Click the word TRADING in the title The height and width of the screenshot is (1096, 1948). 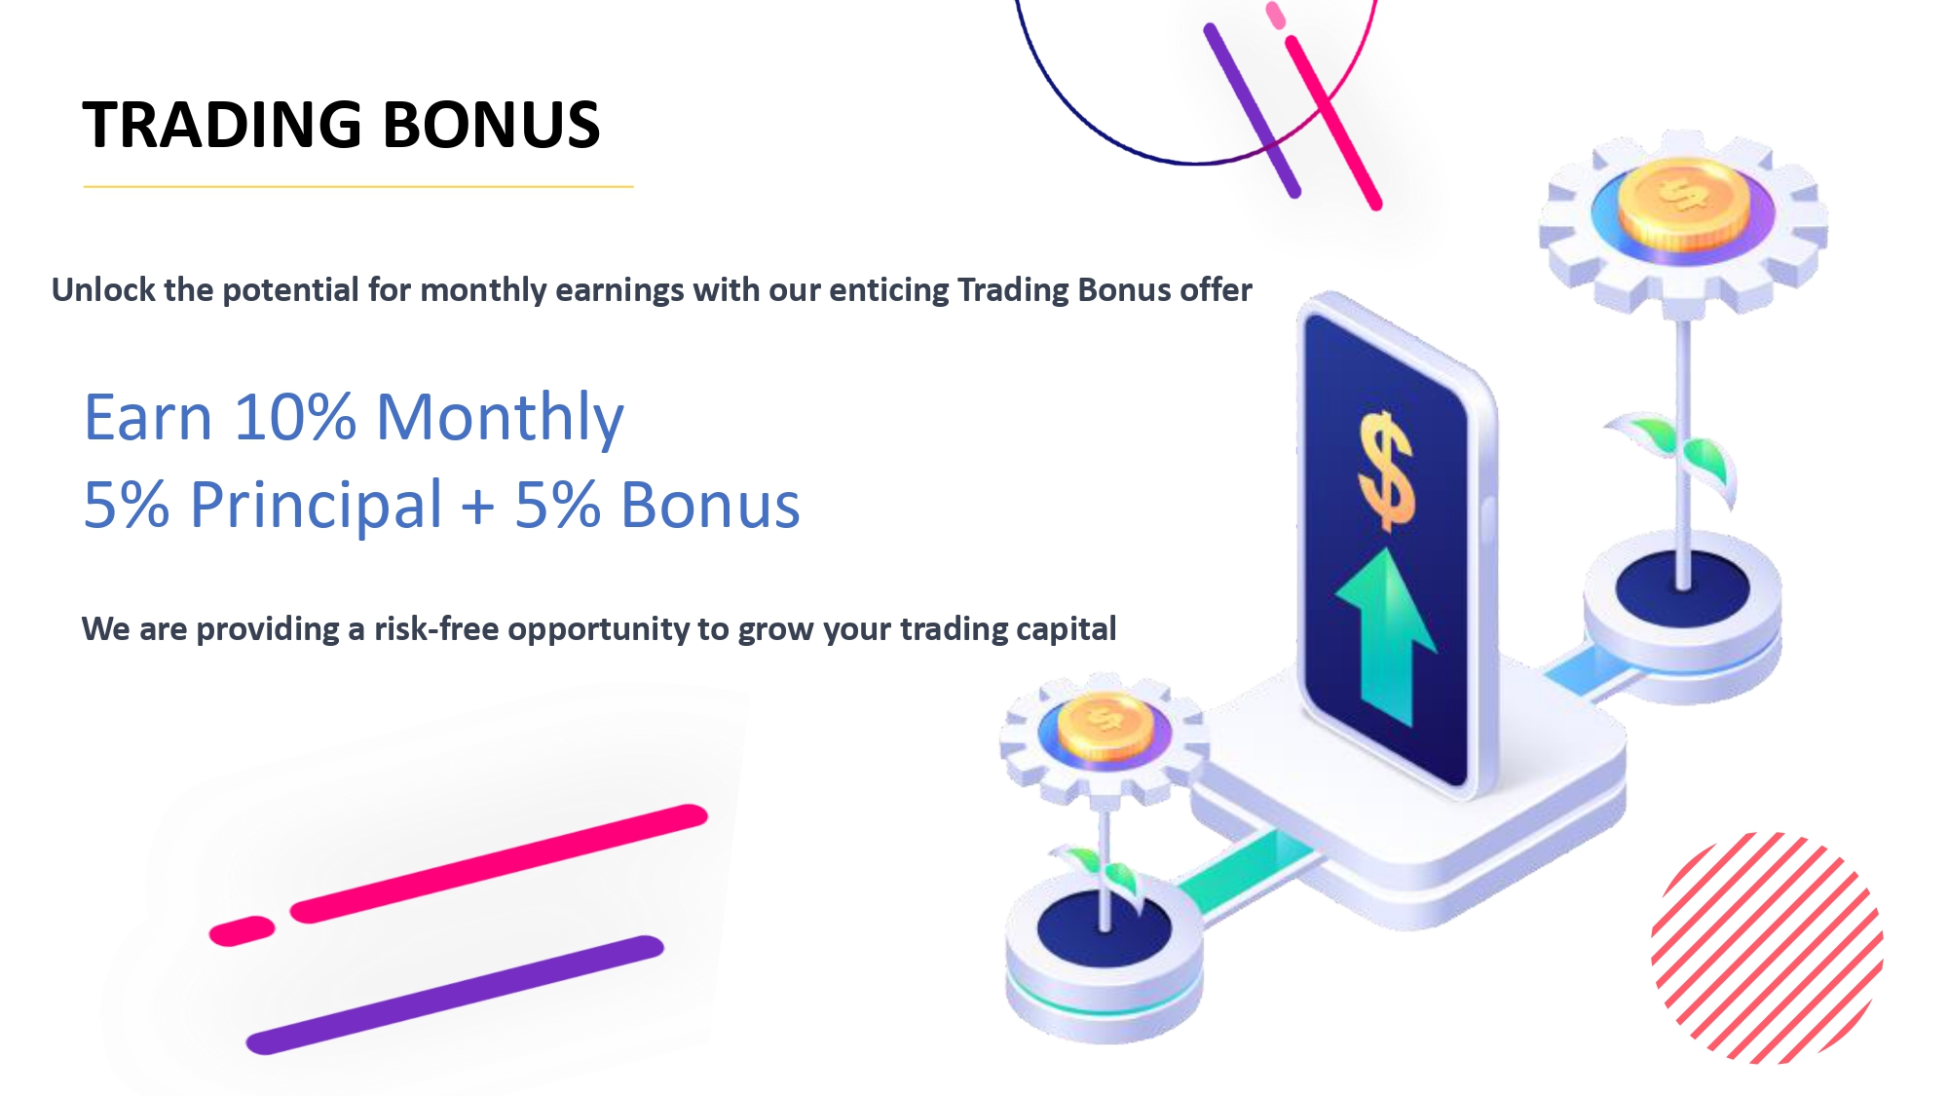pos(222,125)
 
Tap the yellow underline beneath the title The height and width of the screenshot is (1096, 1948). pos(358,186)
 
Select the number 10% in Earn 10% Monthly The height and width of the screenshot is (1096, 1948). pos(295,417)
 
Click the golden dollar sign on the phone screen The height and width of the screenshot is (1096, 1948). pos(1386,472)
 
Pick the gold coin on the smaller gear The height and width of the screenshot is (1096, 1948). pos(1105,727)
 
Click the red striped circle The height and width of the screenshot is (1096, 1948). pos(1767,947)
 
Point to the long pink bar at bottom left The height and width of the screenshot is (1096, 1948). pos(499,863)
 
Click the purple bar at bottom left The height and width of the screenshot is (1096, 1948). pos(455,995)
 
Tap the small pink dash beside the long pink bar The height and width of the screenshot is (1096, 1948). pos(243,930)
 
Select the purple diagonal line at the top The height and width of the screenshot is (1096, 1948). pos(1253,110)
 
